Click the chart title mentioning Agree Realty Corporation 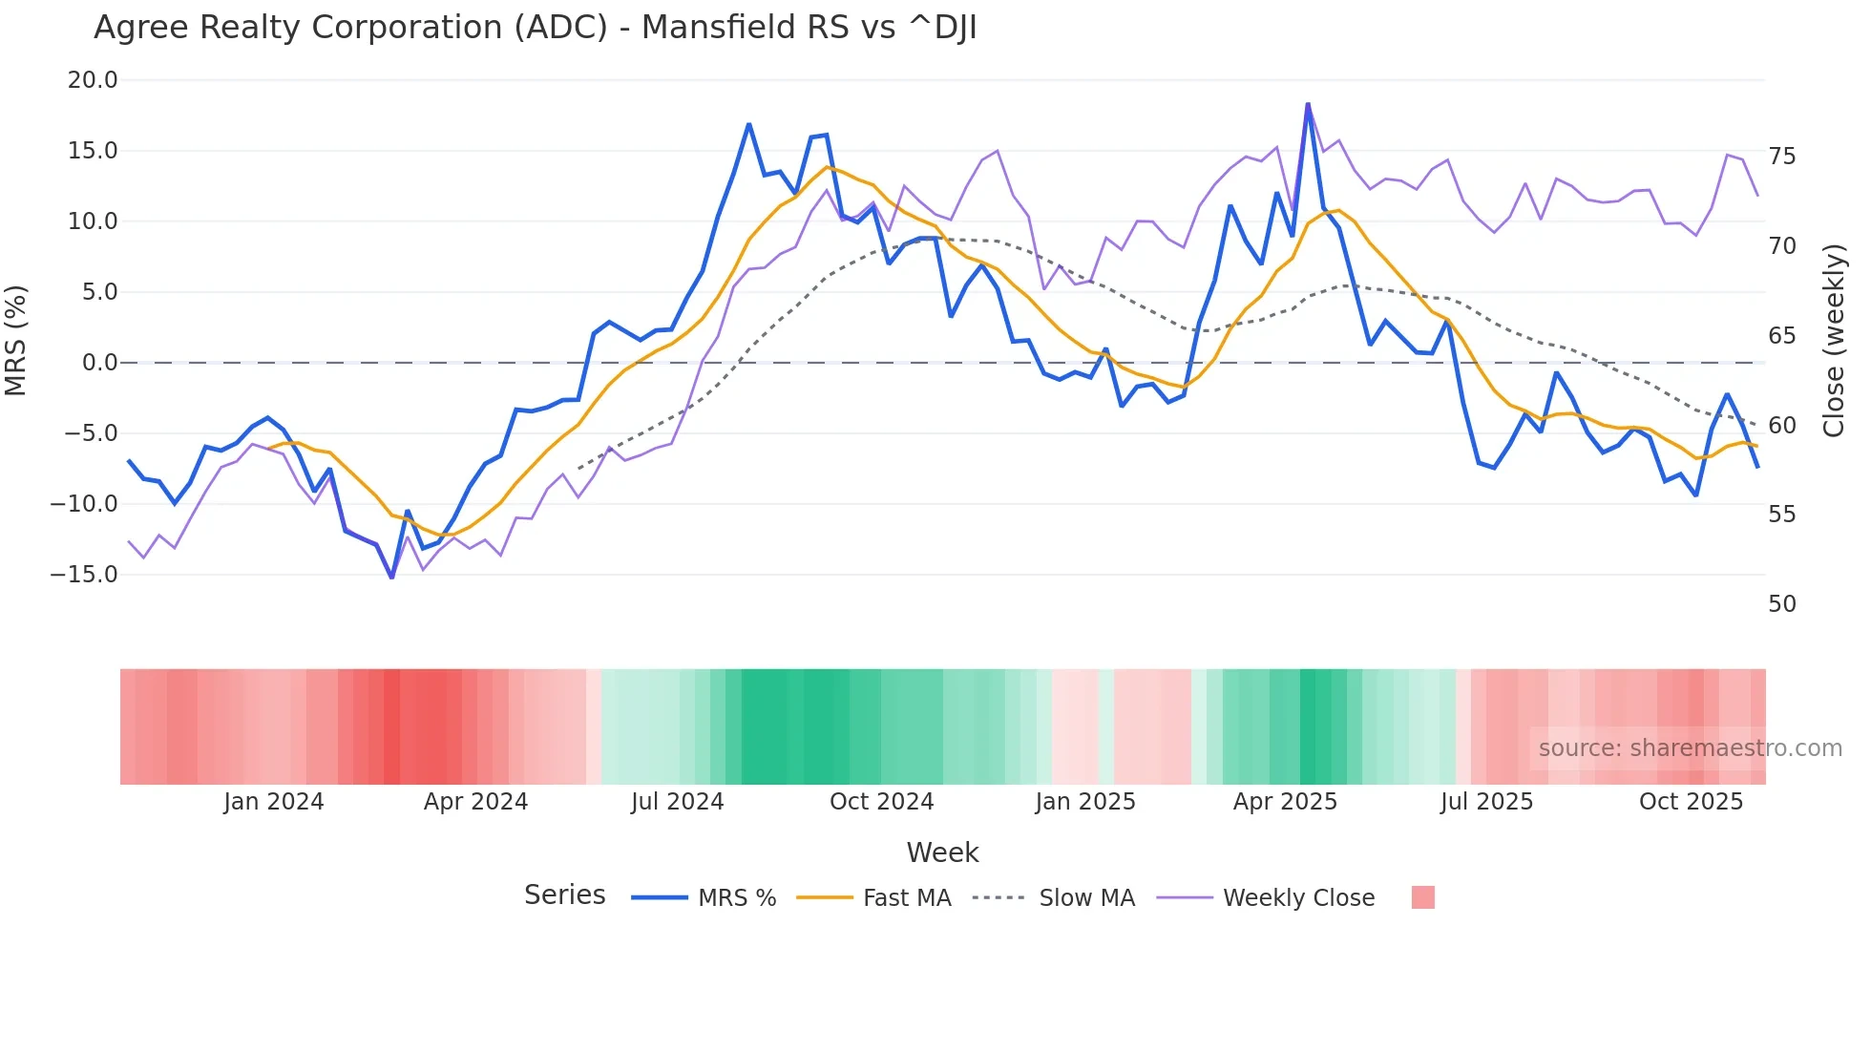[535, 28]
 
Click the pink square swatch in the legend [1422, 897]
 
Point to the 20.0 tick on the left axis [93, 80]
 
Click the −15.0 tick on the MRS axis [85, 575]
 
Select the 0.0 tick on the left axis [99, 363]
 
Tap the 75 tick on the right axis [1781, 157]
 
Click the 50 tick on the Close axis [1781, 604]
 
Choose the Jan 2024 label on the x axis [274, 802]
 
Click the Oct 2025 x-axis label [1691, 802]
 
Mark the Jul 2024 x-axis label [678, 802]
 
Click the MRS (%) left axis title [16, 340]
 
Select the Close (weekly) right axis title [1833, 341]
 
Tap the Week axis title [942, 852]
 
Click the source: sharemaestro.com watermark [1690, 748]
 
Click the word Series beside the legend [564, 895]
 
